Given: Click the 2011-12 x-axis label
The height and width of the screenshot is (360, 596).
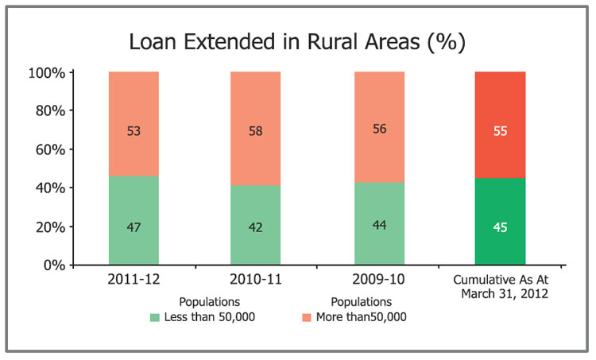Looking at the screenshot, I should tap(134, 280).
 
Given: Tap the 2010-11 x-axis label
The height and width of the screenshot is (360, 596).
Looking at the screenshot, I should tap(255, 280).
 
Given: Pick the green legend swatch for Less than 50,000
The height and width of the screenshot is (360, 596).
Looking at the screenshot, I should tap(155, 317).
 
